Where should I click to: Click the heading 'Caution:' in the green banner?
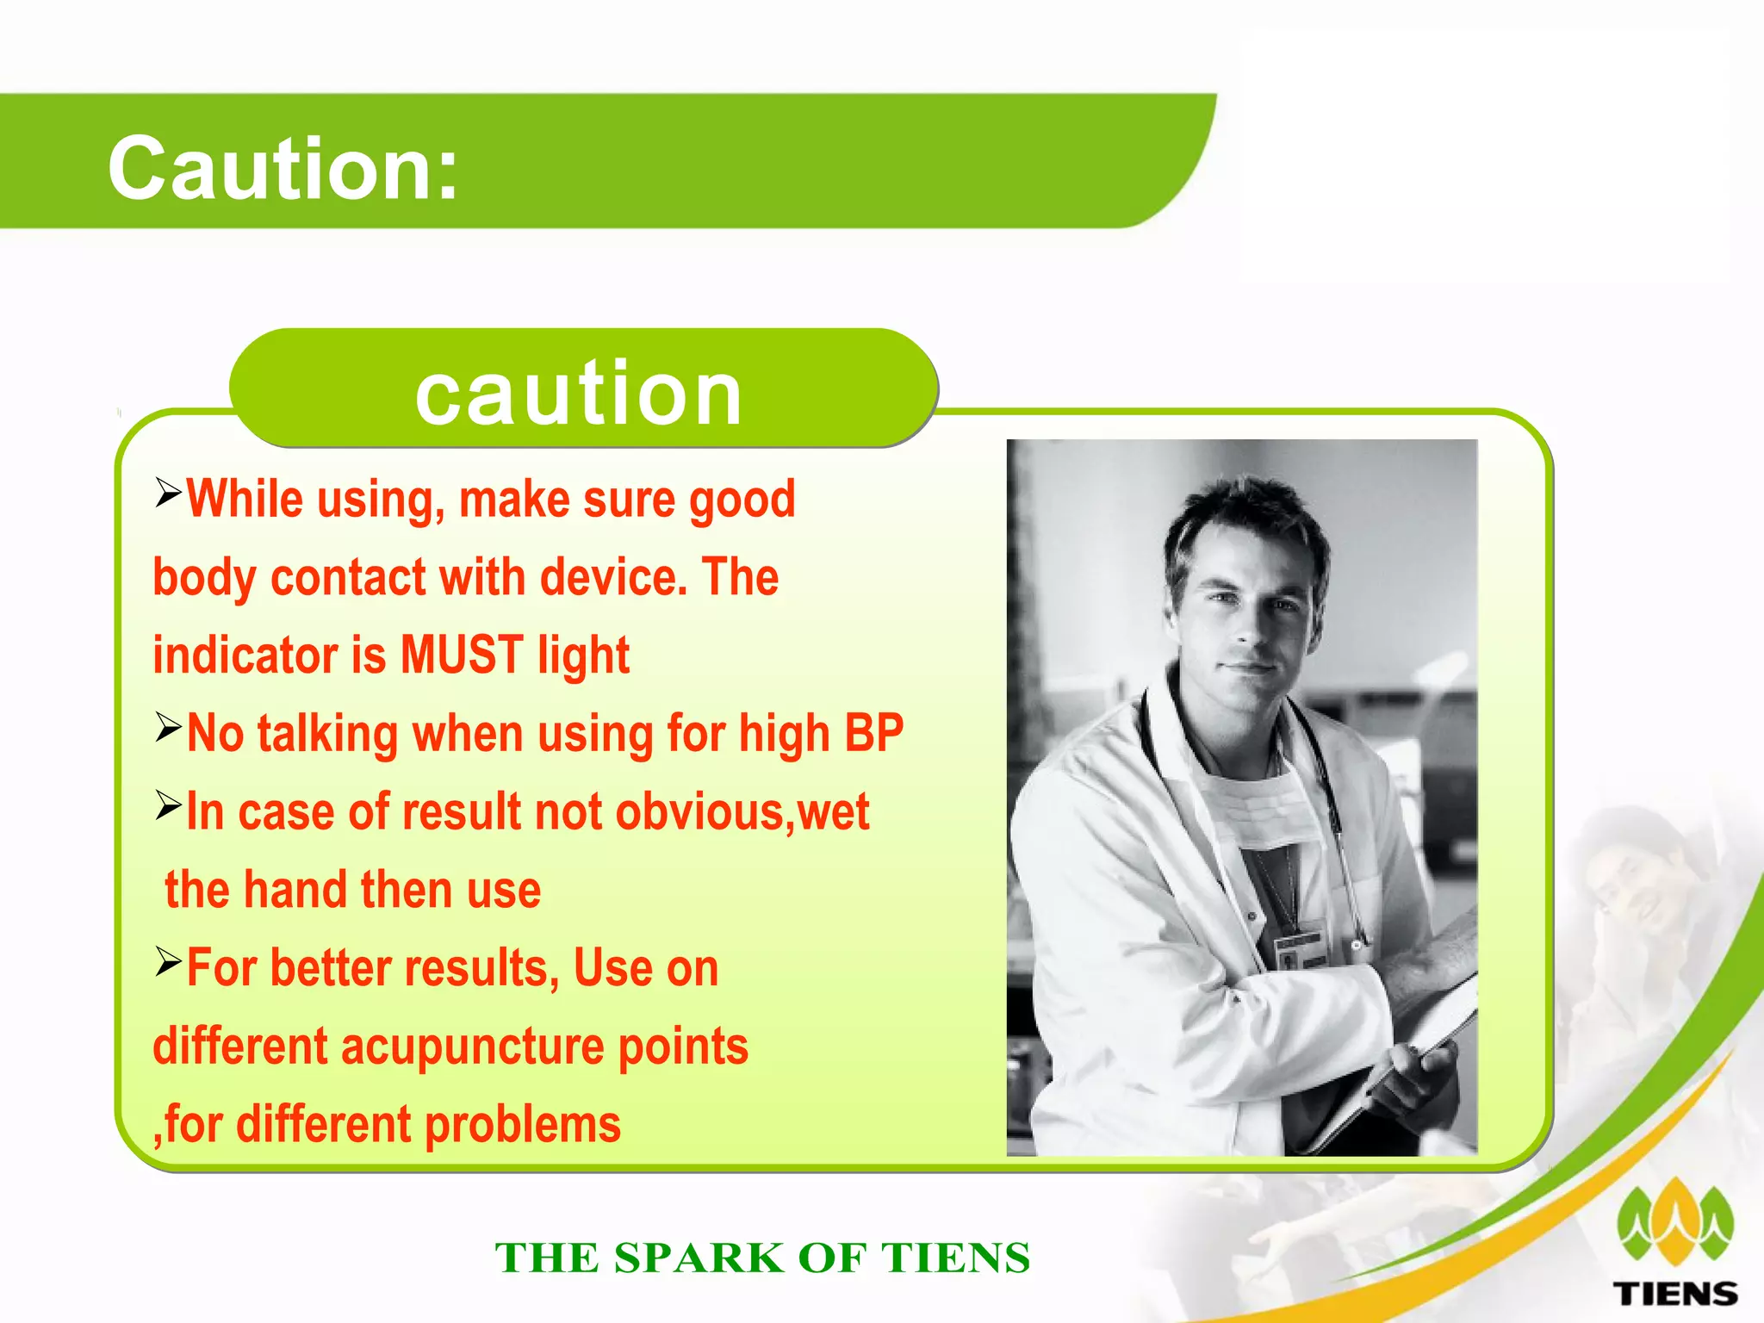(283, 169)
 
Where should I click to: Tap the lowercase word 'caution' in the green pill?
(578, 393)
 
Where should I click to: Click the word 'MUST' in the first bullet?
(462, 655)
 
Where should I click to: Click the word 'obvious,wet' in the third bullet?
(742, 812)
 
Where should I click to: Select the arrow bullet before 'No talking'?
(168, 727)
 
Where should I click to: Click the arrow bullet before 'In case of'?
(168, 805)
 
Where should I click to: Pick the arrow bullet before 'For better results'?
(168, 961)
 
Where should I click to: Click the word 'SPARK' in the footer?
(699, 1258)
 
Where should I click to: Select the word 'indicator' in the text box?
(245, 655)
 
